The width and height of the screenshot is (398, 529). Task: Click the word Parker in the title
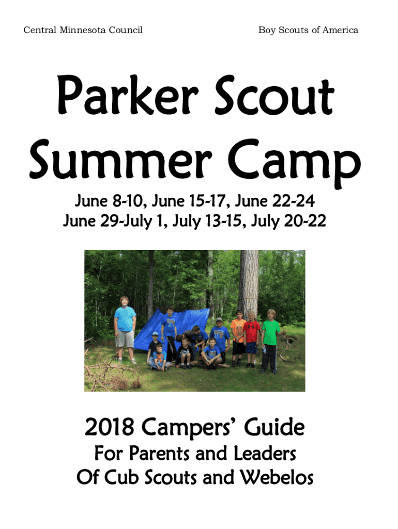[128, 95]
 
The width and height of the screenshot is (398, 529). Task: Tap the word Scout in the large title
[274, 95]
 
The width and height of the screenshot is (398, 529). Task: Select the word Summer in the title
[120, 159]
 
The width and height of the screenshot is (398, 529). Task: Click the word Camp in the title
[294, 162]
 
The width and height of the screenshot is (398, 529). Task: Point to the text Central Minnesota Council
[83, 30]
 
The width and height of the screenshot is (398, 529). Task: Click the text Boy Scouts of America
[308, 30]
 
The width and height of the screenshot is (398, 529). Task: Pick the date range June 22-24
[275, 201]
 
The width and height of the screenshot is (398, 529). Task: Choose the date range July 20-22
[288, 221]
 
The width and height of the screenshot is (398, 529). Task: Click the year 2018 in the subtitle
[110, 427]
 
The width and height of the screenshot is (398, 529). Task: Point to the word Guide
[274, 427]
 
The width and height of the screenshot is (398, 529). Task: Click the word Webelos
[277, 477]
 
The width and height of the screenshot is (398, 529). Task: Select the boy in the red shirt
[251, 339]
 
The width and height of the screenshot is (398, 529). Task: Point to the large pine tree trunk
[248, 284]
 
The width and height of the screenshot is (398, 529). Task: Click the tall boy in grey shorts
[125, 330]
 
